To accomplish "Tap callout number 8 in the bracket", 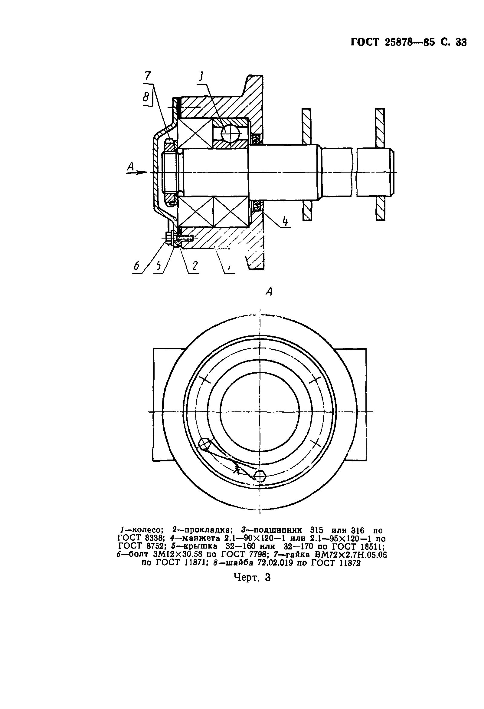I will point(147,97).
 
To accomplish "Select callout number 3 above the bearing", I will point(201,76).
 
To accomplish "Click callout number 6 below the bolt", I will point(136,266).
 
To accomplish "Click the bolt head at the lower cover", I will point(168,238).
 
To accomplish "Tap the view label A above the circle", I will point(269,292).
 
